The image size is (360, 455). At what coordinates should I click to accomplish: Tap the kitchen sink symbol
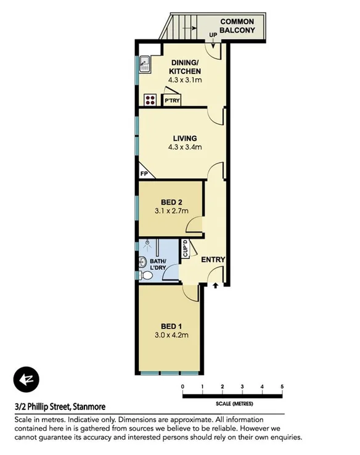[x=144, y=62]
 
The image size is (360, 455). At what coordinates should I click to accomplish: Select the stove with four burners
[x=149, y=99]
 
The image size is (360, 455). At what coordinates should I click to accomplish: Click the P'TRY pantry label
[x=171, y=99]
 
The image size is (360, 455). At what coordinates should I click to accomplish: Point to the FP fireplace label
[x=144, y=174]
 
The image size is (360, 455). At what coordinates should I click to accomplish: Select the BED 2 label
[x=171, y=202]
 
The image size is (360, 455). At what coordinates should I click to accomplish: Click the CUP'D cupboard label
[x=184, y=249]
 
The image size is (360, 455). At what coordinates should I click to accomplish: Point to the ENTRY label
[x=211, y=260]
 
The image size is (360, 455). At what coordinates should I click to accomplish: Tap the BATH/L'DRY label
[x=161, y=264]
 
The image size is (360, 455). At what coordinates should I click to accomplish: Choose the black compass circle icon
[x=27, y=379]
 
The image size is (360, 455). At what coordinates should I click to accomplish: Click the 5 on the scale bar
[x=282, y=387]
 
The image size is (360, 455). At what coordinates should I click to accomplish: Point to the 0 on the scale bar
[x=182, y=387]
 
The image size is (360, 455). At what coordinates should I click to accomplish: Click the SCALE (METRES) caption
[x=232, y=404]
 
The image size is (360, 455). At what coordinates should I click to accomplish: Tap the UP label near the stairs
[x=214, y=36]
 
